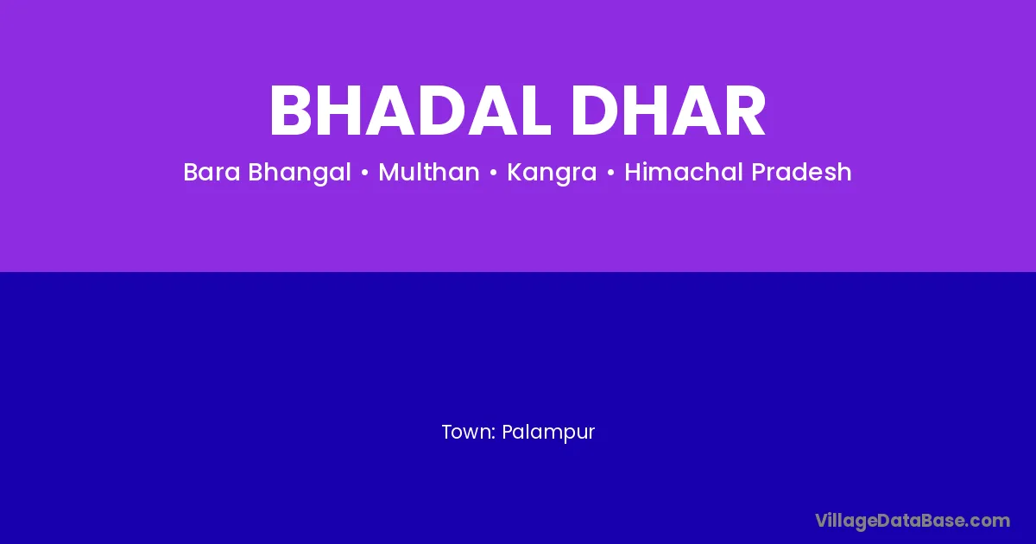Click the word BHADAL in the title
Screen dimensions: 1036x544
[x=411, y=111]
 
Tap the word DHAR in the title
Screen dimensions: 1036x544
[x=668, y=111]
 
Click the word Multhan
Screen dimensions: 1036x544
[x=429, y=172]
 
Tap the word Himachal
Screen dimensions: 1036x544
[x=684, y=172]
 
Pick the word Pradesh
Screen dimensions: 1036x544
[x=801, y=172]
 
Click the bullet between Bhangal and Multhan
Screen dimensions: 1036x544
[x=365, y=173]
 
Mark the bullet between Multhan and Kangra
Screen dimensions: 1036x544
[x=494, y=173]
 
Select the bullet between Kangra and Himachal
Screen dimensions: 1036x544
[x=610, y=173]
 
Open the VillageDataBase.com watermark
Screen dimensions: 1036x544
[x=913, y=522]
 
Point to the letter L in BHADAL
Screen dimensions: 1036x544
[x=533, y=111]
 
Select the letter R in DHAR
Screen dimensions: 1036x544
[x=744, y=111]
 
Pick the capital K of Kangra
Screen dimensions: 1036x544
[x=515, y=172]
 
